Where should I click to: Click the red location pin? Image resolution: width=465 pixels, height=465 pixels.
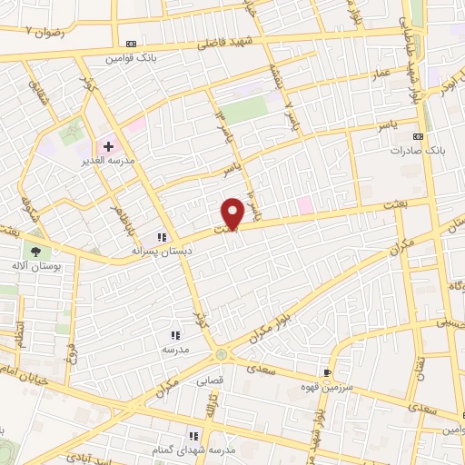click(x=232, y=213)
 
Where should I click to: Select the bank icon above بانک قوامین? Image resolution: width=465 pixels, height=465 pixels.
click(x=131, y=43)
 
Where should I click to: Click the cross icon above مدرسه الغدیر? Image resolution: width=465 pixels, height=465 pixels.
click(x=107, y=145)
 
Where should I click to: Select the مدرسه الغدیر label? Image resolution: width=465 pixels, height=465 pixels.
click(x=114, y=161)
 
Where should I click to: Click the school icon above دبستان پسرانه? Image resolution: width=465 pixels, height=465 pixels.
click(x=162, y=236)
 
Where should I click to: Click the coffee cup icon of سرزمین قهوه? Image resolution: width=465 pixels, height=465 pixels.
click(x=327, y=372)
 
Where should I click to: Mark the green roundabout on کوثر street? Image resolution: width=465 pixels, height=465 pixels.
click(x=222, y=354)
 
